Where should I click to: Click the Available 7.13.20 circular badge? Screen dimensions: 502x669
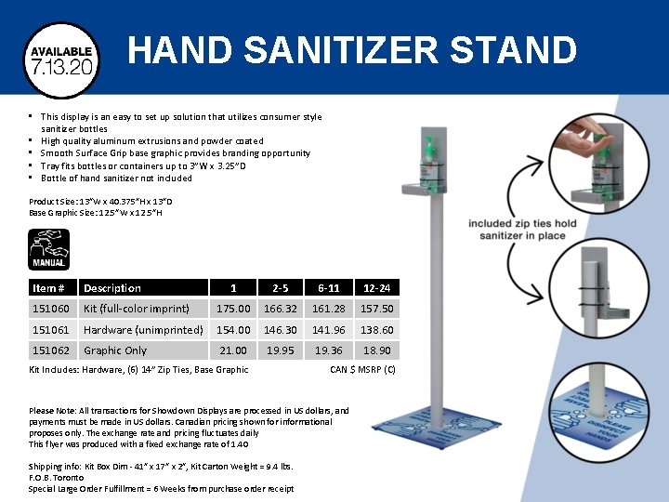click(61, 59)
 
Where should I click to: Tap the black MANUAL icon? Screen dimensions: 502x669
click(48, 249)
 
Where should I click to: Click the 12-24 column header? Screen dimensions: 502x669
click(376, 288)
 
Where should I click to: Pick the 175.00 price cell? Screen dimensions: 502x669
click(232, 309)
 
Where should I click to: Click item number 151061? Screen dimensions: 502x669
click(51, 330)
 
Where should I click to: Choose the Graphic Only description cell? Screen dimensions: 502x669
click(115, 350)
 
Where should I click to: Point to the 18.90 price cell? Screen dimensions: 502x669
click(376, 350)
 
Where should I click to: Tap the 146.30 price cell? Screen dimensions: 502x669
click(280, 330)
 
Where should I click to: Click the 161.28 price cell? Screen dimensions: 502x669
click(328, 309)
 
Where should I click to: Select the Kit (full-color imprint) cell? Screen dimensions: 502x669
click(137, 309)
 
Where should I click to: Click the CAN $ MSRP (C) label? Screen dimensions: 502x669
click(362, 369)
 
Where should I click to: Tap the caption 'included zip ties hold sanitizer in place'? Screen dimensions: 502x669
click(522, 230)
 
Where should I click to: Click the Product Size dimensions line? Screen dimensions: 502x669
click(100, 201)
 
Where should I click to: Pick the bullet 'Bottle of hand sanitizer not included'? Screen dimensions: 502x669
click(116, 178)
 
